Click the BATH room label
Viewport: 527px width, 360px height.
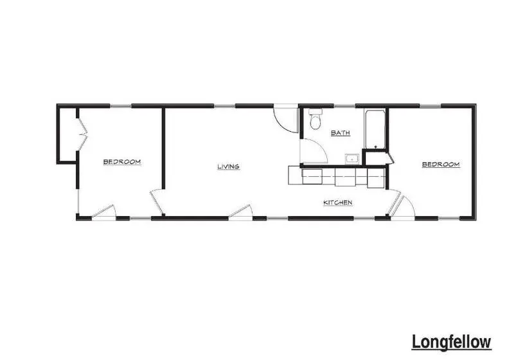(341, 133)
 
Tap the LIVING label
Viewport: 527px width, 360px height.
(228, 166)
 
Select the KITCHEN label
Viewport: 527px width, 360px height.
(338, 203)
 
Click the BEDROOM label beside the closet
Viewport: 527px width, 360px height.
(122, 162)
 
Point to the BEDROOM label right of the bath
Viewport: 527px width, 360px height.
(441, 165)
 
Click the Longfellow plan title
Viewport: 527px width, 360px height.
(451, 342)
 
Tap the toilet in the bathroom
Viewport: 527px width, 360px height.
(316, 119)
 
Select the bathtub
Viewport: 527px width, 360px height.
(375, 129)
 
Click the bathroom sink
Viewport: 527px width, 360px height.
(352, 158)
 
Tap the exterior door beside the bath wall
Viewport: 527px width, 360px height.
(286, 120)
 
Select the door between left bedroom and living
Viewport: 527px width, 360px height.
(157, 202)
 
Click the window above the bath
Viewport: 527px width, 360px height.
(344, 106)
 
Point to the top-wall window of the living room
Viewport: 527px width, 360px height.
(224, 106)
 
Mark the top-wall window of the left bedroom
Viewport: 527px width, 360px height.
(120, 106)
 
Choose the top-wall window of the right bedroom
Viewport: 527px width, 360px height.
(430, 106)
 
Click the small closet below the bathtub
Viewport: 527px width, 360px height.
(376, 159)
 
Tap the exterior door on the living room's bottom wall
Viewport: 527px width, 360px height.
(240, 212)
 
